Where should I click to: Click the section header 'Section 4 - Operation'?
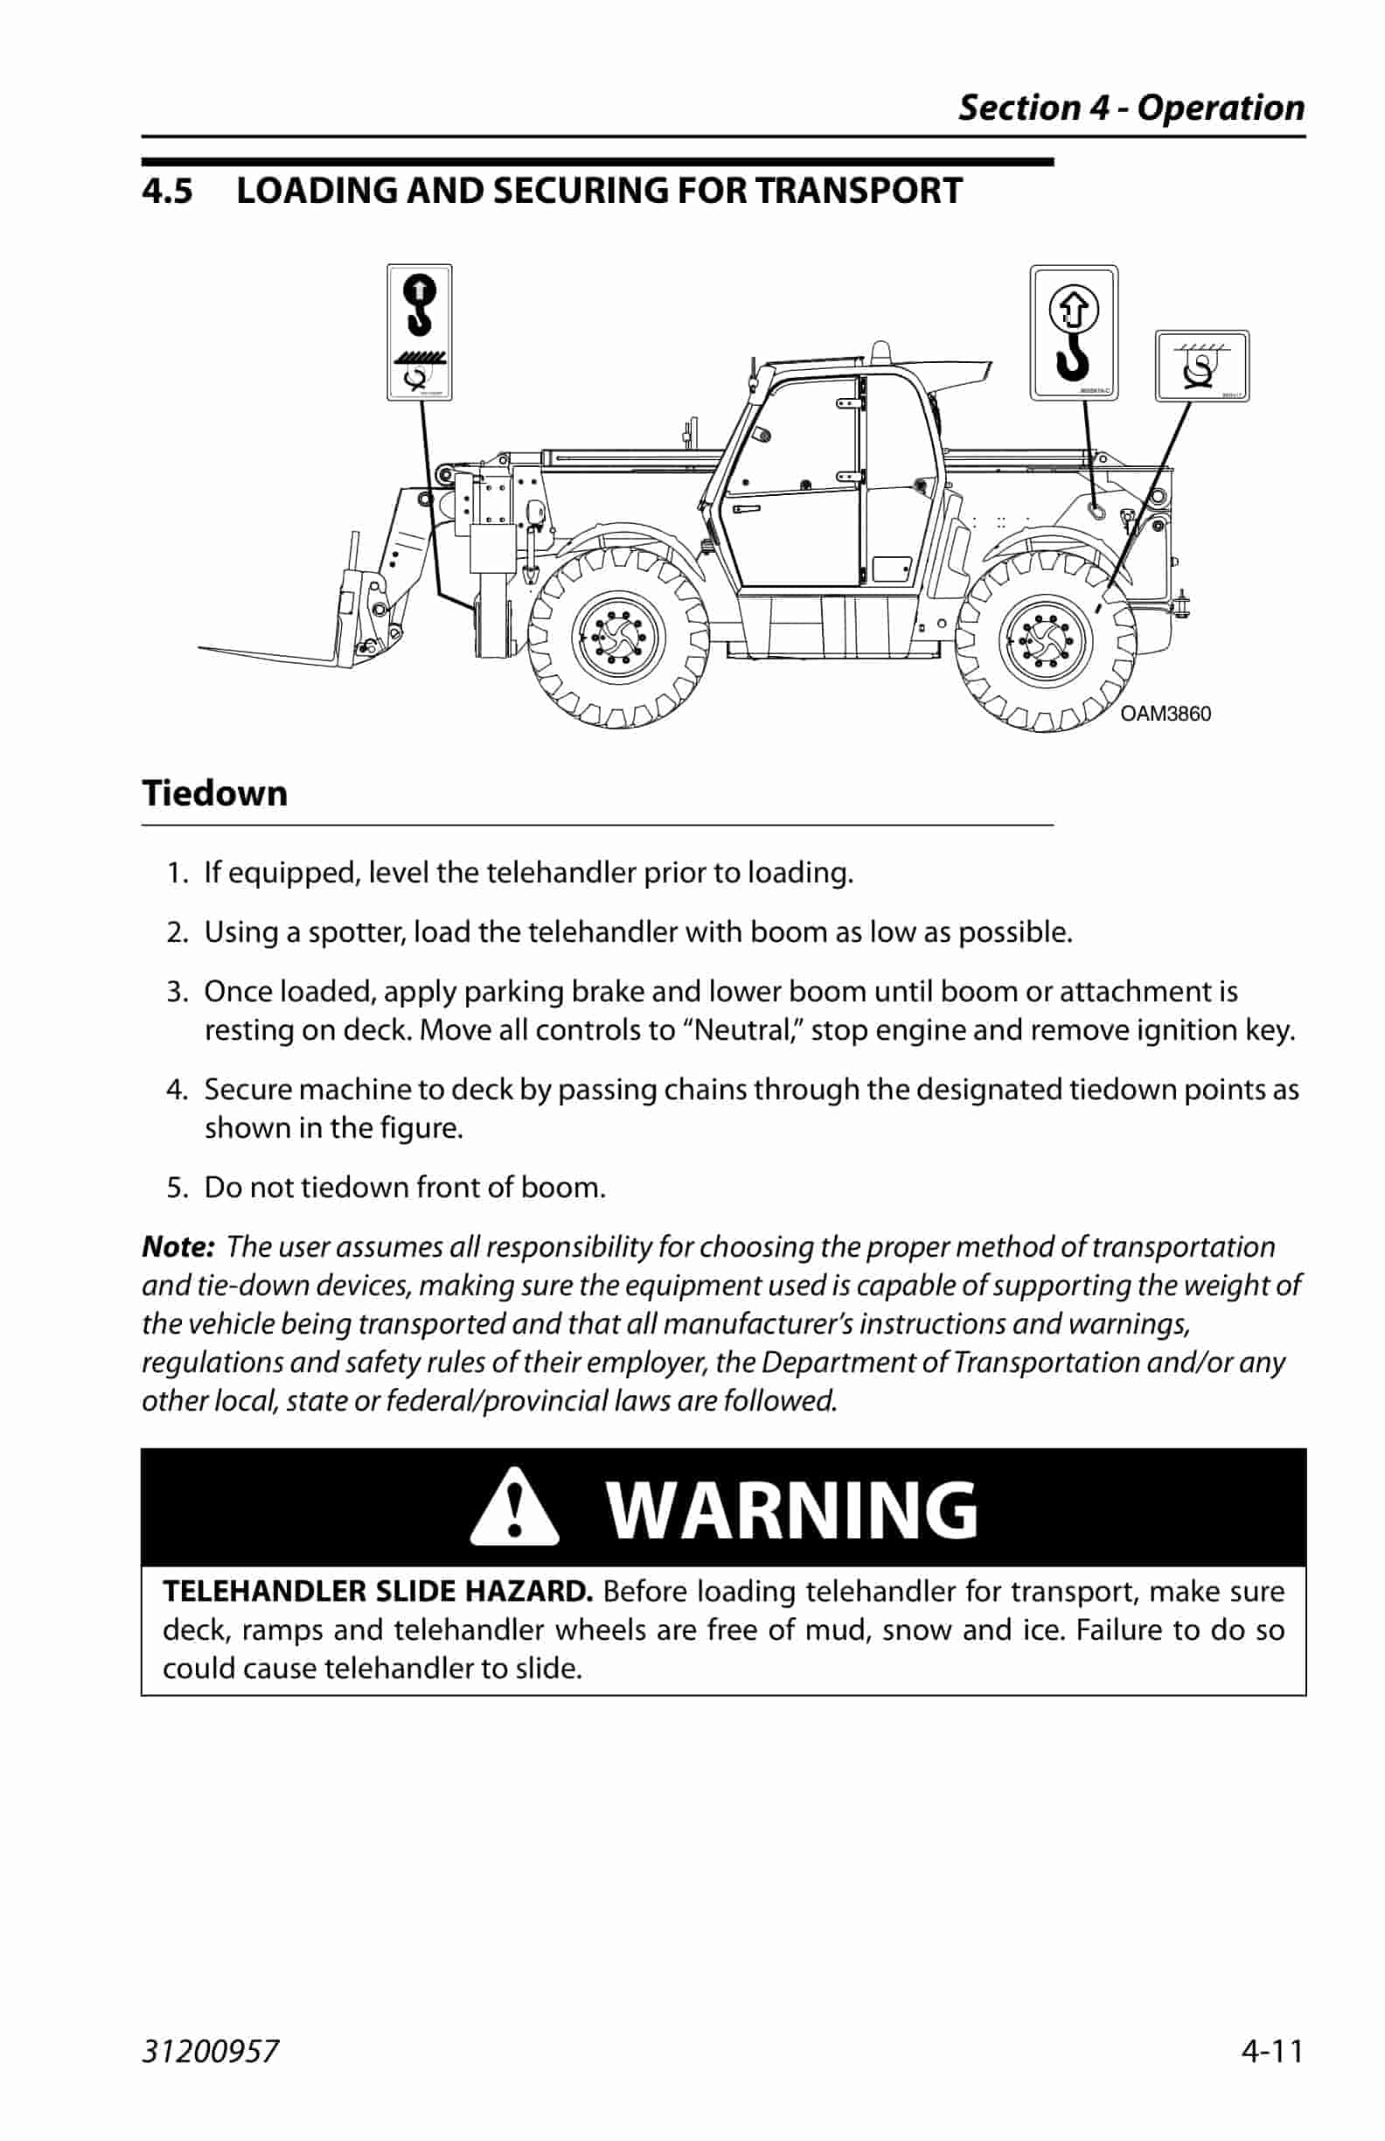[x=1131, y=108]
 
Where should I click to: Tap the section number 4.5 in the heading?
[x=167, y=192]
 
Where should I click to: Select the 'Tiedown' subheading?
[x=215, y=793]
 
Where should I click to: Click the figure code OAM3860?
[x=1165, y=714]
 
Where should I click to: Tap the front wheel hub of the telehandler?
[x=618, y=639]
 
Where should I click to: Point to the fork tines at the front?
[x=270, y=655]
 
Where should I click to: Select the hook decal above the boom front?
[x=419, y=332]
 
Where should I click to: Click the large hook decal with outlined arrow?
[x=1073, y=332]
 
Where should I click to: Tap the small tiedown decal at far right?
[x=1201, y=366]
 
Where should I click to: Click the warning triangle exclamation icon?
[x=513, y=1509]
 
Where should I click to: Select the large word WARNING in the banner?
[x=791, y=1510]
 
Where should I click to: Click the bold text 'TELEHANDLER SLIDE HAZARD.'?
[x=377, y=1592]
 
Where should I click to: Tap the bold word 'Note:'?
[x=178, y=1247]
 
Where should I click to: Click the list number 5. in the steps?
[x=177, y=1188]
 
